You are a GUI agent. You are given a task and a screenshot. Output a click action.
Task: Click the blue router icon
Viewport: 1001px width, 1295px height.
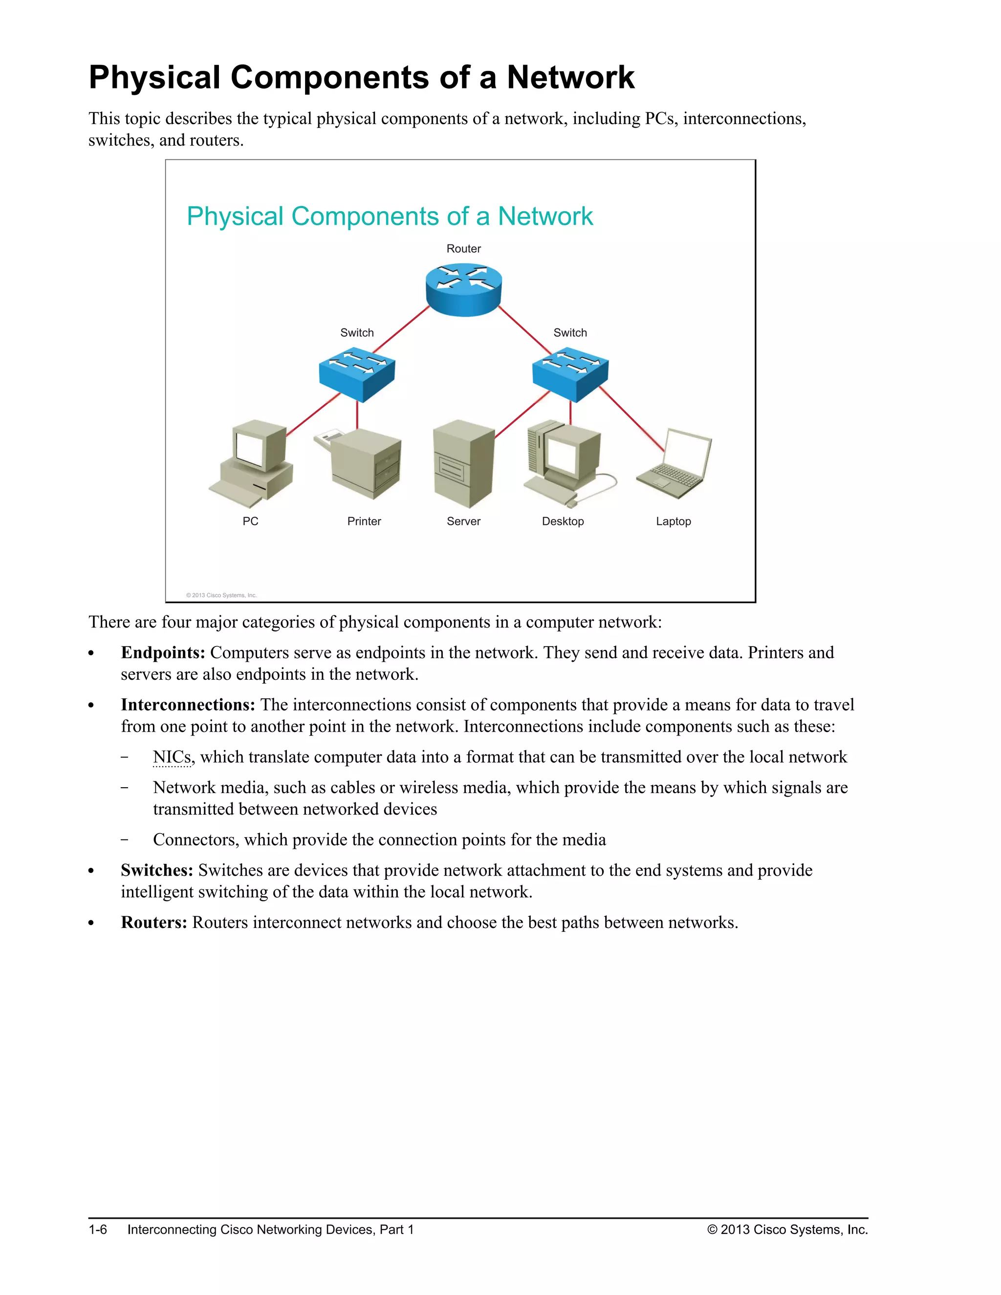(x=464, y=289)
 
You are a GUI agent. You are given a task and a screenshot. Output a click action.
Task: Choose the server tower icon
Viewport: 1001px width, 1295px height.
(x=463, y=464)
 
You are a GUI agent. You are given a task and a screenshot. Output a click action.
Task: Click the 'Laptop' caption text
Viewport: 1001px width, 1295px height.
(x=673, y=522)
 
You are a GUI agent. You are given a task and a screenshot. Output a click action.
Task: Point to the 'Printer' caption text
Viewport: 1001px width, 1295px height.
(x=364, y=522)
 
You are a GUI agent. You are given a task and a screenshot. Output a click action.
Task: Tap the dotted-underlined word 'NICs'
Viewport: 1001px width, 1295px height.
(x=172, y=757)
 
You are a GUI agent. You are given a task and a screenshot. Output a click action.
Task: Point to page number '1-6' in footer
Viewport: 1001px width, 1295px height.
(x=98, y=1230)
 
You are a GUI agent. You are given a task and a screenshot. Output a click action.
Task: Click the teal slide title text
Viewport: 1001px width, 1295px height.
(x=390, y=216)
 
